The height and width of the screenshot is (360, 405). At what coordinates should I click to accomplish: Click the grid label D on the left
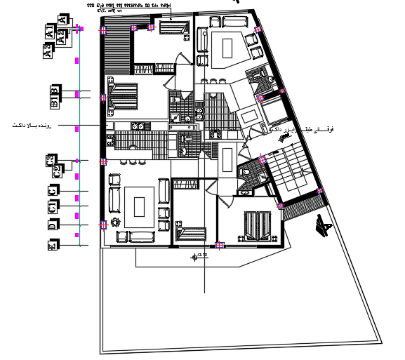pyautogui.click(x=51, y=225)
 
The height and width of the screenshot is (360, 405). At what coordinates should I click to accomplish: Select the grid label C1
pyautogui.click(x=51, y=207)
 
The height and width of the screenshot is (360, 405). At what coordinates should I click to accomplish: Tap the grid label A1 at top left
pyautogui.click(x=50, y=32)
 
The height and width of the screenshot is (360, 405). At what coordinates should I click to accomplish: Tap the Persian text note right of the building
pyautogui.click(x=298, y=130)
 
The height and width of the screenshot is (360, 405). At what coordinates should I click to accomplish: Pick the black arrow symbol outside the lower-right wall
pyautogui.click(x=324, y=226)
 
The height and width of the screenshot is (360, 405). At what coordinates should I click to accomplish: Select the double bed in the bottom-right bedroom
pyautogui.click(x=258, y=225)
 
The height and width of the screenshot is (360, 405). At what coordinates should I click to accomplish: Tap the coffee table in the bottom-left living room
pyautogui.click(x=140, y=206)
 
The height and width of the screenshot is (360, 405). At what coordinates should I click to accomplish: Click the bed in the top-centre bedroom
pyautogui.click(x=171, y=28)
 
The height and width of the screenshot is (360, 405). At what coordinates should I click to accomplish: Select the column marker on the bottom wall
pyautogui.click(x=219, y=246)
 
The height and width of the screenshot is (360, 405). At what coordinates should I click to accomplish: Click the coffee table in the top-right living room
pyautogui.click(x=226, y=48)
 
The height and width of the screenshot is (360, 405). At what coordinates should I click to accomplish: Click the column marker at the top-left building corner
pyautogui.click(x=102, y=30)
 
